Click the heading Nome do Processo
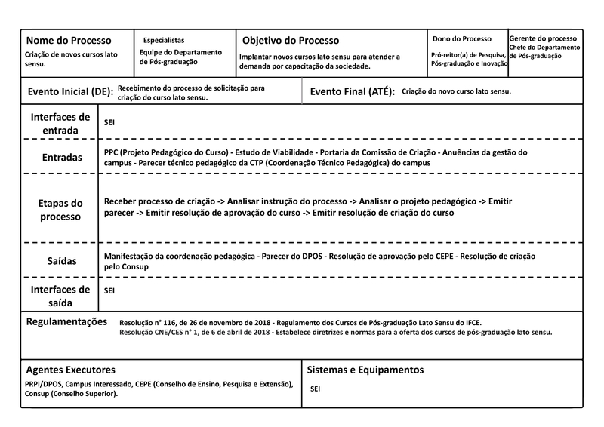[69, 41]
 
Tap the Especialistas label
[164, 40]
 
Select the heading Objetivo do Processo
[291, 41]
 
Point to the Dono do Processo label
[461, 39]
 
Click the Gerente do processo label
[544, 38]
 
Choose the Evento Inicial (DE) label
[70, 91]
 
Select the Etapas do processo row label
[61, 210]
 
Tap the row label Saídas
[61, 260]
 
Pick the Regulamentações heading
[67, 321]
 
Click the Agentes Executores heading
[70, 370]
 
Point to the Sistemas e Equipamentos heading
[365, 370]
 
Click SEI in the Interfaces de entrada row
[109, 121]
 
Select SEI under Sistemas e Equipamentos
[316, 389]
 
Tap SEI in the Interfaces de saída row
[109, 290]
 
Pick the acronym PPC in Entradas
[112, 152]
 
